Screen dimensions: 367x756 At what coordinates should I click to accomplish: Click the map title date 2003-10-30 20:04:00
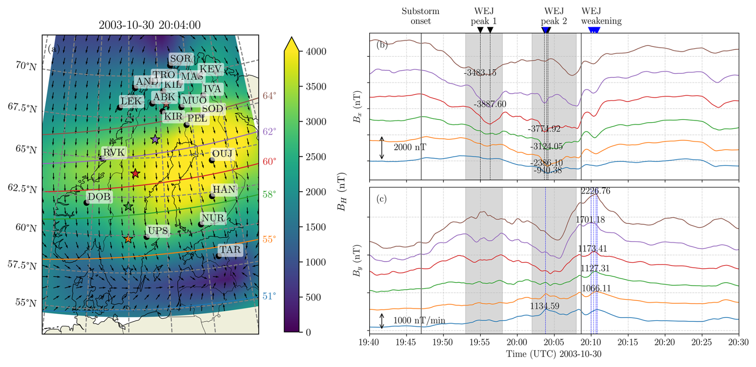point(149,25)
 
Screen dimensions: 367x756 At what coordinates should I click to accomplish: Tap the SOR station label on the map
point(181,59)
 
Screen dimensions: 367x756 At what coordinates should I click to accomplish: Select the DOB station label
point(99,197)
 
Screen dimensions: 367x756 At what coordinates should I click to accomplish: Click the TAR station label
point(230,250)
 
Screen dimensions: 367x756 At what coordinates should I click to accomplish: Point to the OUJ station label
point(222,154)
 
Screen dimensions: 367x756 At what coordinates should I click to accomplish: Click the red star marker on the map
point(135,173)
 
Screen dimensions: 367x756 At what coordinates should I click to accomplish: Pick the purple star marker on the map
point(155,139)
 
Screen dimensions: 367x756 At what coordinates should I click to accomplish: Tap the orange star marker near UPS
point(128,239)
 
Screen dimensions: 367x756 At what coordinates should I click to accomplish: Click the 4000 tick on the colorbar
point(316,52)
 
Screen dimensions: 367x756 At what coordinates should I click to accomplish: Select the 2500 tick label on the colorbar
point(316,157)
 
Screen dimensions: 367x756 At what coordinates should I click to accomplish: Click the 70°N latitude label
point(26,66)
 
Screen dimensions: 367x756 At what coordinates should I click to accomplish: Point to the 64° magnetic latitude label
point(269,96)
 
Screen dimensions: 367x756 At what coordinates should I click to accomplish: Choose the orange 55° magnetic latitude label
point(269,239)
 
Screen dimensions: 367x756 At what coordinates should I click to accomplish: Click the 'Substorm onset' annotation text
point(420,16)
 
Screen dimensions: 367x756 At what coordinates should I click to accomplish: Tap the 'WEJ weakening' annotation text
point(601,16)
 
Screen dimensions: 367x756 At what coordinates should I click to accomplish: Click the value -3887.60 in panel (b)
point(490,104)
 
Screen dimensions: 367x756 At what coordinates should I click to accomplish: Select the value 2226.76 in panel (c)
point(595,191)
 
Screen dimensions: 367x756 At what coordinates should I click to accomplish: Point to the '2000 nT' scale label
point(410,147)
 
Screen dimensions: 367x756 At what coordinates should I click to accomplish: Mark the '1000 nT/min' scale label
point(419,321)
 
